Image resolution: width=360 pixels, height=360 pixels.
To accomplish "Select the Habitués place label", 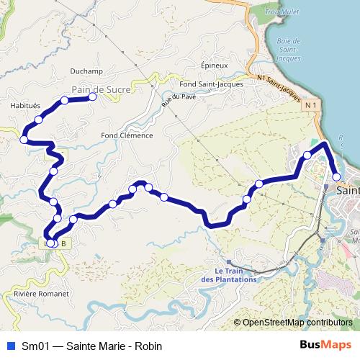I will click(x=25, y=104).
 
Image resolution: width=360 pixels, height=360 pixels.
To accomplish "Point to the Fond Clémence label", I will click(x=127, y=135).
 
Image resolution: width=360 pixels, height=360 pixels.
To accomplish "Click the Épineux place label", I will click(x=215, y=63).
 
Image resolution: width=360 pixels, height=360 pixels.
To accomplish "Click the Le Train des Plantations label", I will click(x=228, y=274).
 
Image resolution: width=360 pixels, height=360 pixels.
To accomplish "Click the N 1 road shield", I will click(x=310, y=106).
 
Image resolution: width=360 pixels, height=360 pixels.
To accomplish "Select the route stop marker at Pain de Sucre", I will click(x=92, y=96).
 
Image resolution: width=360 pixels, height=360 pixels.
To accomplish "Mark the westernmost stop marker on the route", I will click(x=24, y=139).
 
